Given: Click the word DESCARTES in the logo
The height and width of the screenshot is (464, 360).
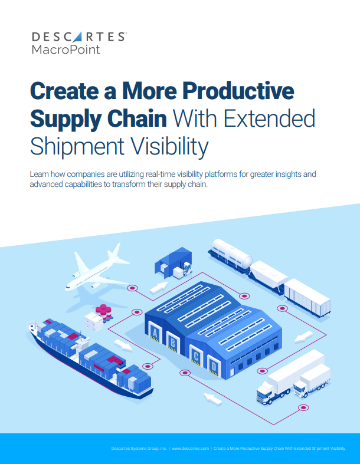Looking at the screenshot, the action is [78, 37].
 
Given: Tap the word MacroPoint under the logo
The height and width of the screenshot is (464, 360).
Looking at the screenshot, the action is [66, 49].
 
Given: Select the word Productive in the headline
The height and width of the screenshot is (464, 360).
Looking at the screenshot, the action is [238, 91].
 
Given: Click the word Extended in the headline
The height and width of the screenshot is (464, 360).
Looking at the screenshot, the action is [269, 119].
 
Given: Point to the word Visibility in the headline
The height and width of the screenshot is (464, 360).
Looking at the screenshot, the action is [169, 147].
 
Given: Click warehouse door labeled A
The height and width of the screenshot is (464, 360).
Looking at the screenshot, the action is [155, 333].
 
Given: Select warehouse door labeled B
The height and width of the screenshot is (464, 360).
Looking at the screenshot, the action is [172, 343].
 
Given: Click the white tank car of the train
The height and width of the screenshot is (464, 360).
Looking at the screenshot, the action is [231, 254].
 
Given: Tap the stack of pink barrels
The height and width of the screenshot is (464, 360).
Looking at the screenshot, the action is [104, 312].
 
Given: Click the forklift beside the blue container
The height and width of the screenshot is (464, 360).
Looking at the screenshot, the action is [187, 268].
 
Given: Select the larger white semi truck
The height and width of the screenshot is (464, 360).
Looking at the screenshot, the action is [290, 377].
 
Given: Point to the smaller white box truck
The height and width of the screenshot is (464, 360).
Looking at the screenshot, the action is [312, 381].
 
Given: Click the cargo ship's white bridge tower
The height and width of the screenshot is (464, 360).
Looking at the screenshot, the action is [82, 343].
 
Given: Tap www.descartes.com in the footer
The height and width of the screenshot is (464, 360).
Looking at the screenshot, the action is [190, 448].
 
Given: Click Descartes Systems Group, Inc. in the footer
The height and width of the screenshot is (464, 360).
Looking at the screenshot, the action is [139, 448].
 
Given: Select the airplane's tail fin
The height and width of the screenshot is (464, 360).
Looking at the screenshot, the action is [114, 251].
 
